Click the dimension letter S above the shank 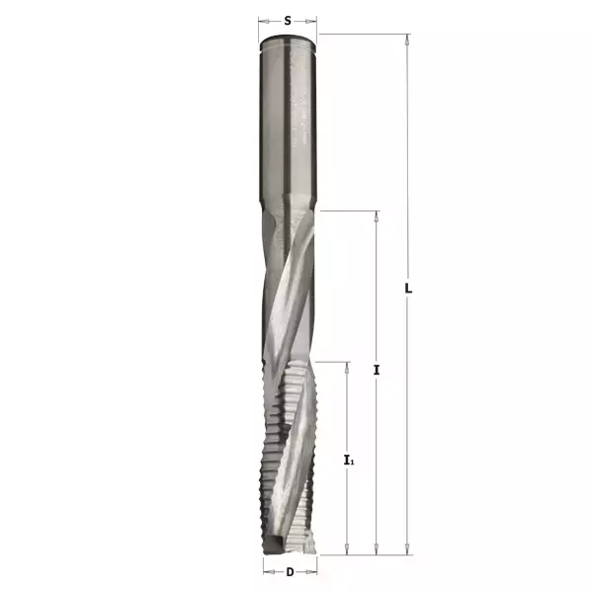click(x=288, y=20)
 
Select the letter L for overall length click(x=408, y=289)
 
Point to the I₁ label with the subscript click(x=348, y=460)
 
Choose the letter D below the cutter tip click(x=290, y=572)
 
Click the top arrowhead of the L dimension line click(x=406, y=40)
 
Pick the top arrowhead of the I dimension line click(x=377, y=215)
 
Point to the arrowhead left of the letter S click(x=263, y=20)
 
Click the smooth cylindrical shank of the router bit click(x=289, y=119)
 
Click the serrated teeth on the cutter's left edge click(x=268, y=445)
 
